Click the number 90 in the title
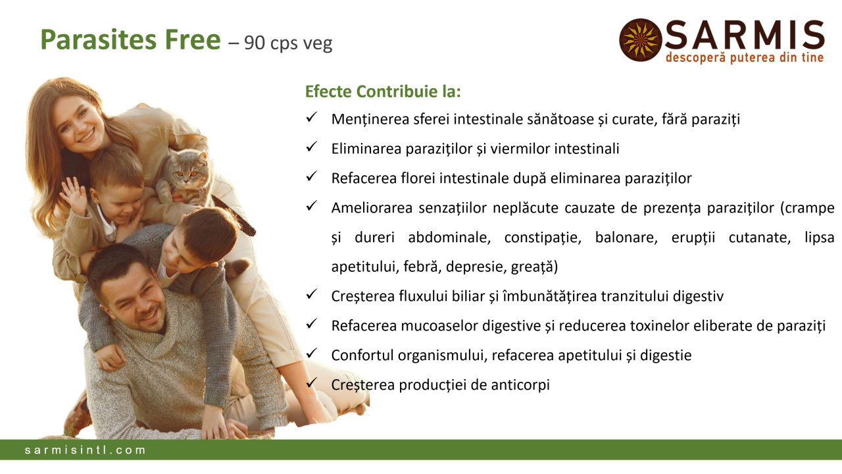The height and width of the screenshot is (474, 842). point(255,43)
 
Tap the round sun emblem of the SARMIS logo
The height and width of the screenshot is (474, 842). point(640,40)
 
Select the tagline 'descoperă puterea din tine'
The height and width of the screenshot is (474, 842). point(745,58)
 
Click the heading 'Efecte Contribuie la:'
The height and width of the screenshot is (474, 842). point(383,92)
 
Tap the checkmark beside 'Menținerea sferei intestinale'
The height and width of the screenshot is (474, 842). point(312,117)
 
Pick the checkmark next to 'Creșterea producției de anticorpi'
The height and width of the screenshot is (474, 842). point(312,382)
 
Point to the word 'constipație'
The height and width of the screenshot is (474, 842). point(543,238)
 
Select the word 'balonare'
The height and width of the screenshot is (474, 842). point(626,238)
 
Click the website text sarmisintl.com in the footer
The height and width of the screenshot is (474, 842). point(85,450)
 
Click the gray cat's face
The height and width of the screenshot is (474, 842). point(187,174)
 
